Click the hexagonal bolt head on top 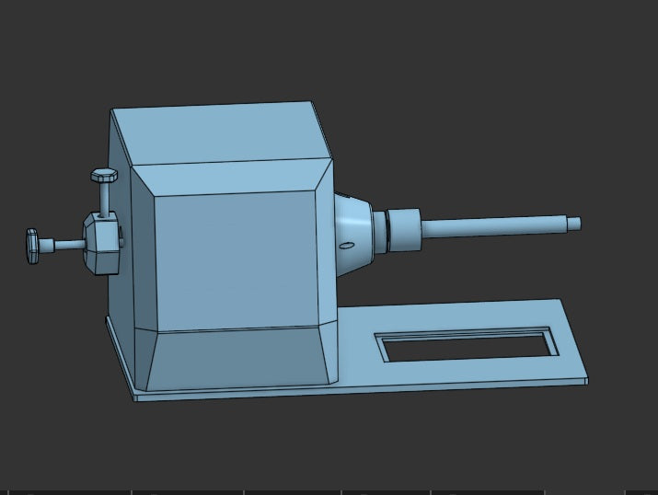104,174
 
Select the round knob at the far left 33,246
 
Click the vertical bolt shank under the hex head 106,197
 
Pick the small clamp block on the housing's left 102,243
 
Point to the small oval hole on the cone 346,246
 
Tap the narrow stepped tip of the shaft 573,223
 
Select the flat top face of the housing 221,133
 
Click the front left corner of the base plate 137,397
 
